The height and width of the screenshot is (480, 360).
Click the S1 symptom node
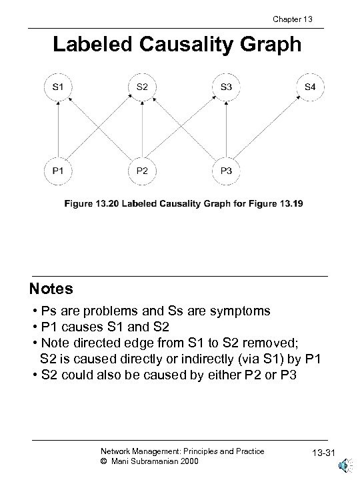click(59, 87)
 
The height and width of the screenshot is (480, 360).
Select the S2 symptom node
click(143, 87)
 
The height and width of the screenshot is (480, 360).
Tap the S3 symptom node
click(227, 87)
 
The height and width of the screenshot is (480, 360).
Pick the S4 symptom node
click(311, 87)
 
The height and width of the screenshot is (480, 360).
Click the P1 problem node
click(59, 170)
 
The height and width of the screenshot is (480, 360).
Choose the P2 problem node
click(143, 170)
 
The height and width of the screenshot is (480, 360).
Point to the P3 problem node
click(227, 170)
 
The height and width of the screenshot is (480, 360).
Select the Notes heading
click(51, 290)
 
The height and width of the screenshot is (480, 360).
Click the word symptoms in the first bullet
click(237, 311)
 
